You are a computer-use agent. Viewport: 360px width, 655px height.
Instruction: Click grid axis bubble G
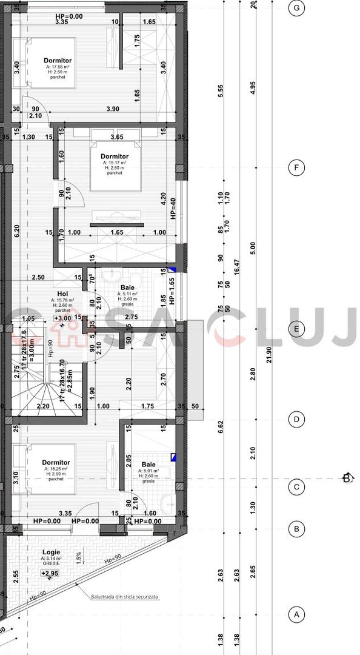pyautogui.click(x=296, y=8)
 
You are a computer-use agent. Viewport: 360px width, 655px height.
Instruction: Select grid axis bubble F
pyautogui.click(x=296, y=168)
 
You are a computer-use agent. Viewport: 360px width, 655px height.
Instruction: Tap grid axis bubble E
pyautogui.click(x=296, y=330)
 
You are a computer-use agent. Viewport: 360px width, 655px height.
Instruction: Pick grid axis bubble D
pyautogui.click(x=296, y=419)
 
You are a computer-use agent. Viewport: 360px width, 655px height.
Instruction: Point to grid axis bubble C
pyautogui.click(x=296, y=486)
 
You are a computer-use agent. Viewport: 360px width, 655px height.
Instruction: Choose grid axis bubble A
pyautogui.click(x=296, y=614)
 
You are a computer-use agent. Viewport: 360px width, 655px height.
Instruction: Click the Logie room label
pyautogui.click(x=51, y=552)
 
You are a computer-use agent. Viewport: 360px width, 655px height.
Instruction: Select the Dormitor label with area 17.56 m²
pyautogui.click(x=58, y=61)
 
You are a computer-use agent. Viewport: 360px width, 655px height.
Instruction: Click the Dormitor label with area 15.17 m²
pyautogui.click(x=115, y=156)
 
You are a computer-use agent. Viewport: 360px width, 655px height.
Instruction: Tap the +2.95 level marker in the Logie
pyautogui.click(x=50, y=573)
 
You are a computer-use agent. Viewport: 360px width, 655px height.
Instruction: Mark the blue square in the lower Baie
pyautogui.click(x=173, y=458)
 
